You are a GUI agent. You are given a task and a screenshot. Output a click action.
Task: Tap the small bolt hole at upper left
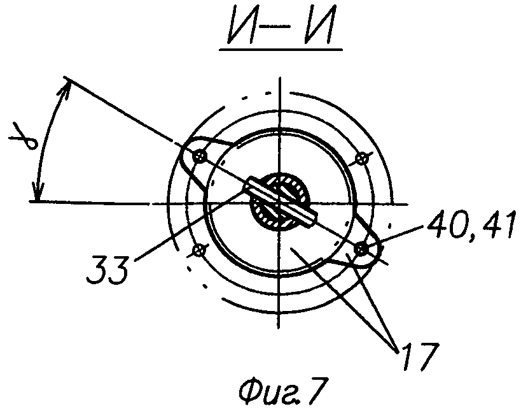(201, 155)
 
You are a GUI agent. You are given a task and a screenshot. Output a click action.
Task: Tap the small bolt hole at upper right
(361, 156)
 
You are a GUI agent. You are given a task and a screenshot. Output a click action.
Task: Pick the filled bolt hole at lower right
(363, 248)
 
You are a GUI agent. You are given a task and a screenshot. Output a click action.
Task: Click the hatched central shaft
(279, 203)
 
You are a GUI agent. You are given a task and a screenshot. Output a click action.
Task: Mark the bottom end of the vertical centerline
(279, 328)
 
